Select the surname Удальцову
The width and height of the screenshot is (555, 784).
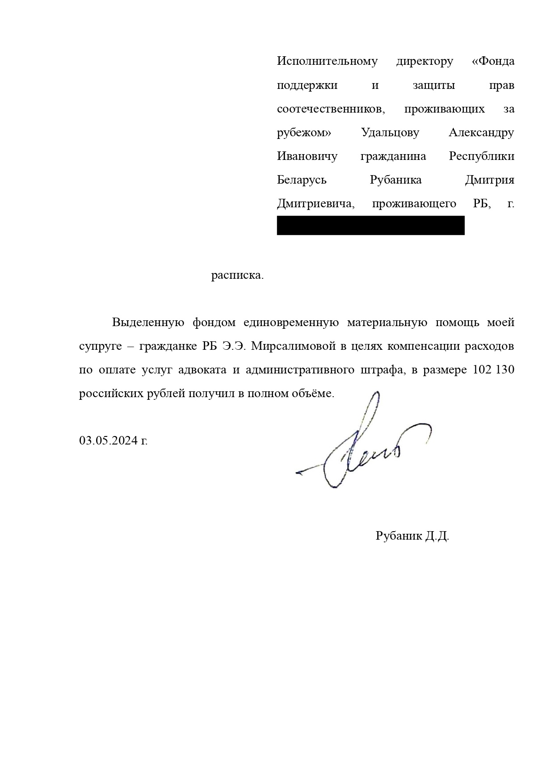[390, 133]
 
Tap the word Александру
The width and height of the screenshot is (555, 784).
[481, 133]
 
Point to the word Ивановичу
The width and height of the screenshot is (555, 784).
[307, 156]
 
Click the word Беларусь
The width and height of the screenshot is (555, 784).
[302, 180]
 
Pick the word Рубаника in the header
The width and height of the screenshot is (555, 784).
[395, 180]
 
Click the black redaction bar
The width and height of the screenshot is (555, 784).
[370, 226]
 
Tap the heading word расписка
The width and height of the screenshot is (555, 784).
[237, 275]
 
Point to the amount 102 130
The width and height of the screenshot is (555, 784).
[493, 370]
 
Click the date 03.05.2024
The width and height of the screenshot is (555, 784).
[108, 440]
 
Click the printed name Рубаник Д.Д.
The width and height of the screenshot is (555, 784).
[412, 536]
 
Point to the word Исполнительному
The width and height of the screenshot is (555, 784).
[327, 61]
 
